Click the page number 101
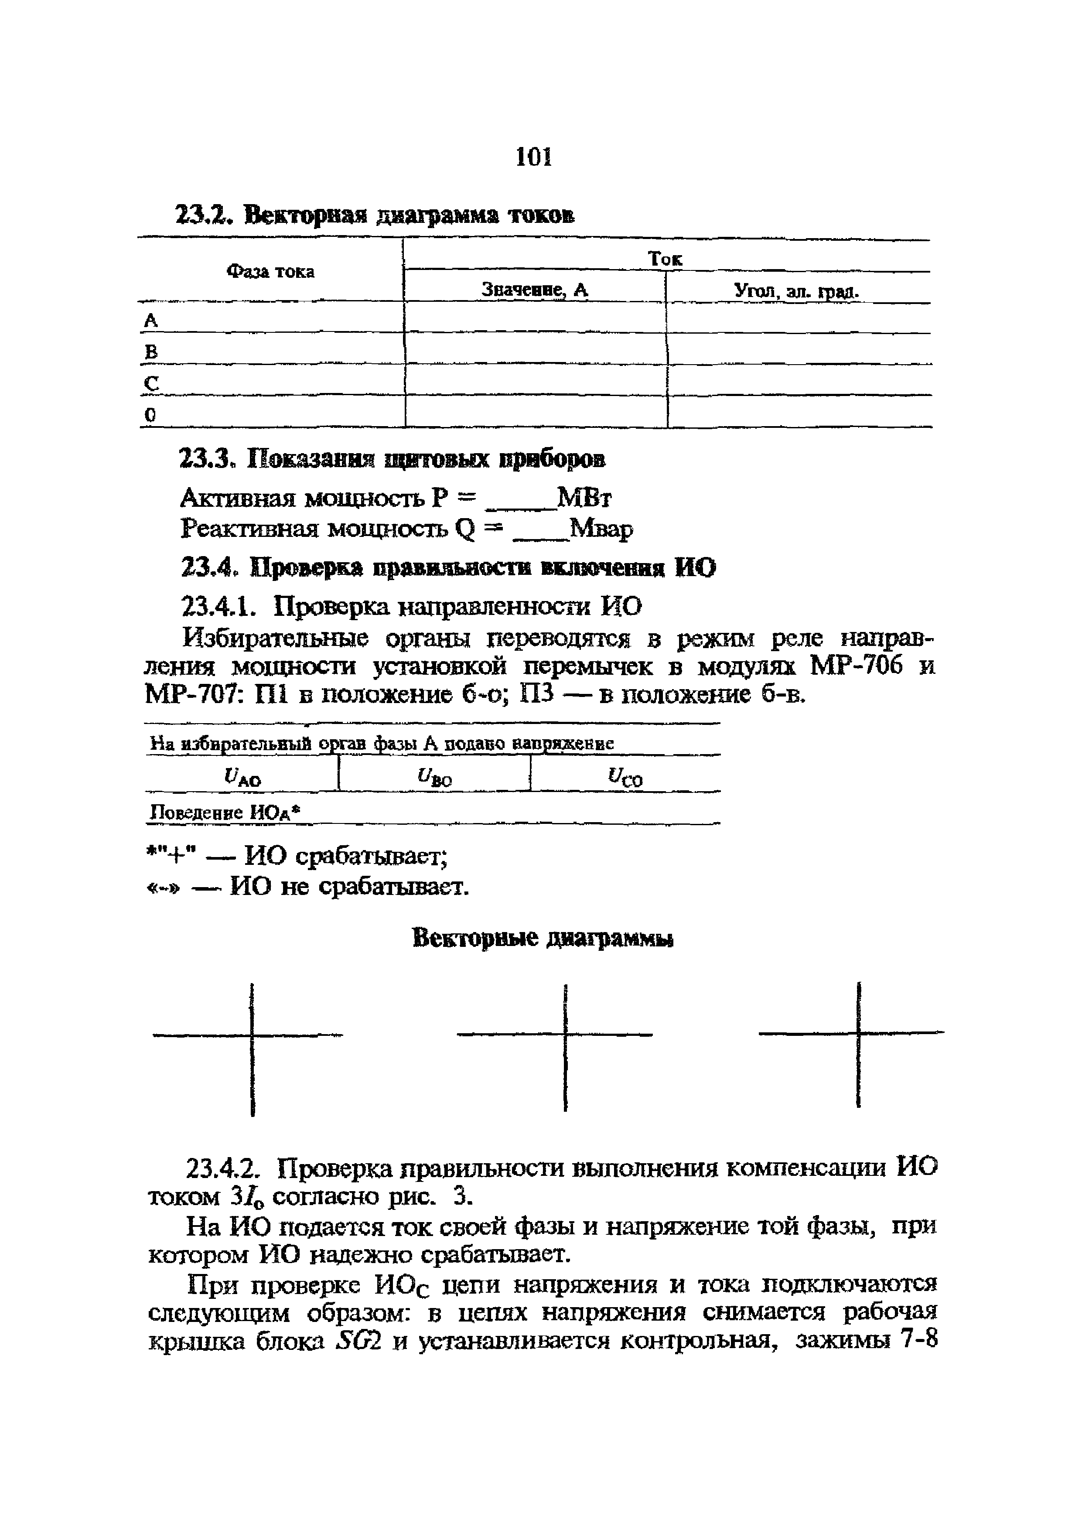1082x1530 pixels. pos(534,157)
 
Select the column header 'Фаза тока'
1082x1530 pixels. pos(270,272)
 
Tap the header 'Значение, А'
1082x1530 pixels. pos(535,290)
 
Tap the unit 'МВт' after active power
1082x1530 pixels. pos(584,498)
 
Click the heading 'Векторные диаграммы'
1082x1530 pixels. pos(543,939)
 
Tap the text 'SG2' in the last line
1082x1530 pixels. pos(358,1341)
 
